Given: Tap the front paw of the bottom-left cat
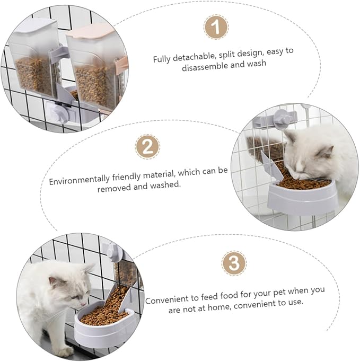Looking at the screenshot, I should pos(64,350).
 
